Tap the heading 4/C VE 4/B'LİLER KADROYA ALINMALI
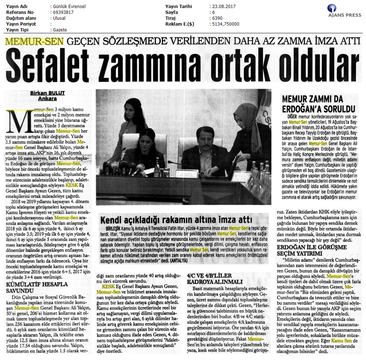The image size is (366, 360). (210, 280)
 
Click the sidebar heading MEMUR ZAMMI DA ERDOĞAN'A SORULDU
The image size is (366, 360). (318, 104)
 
